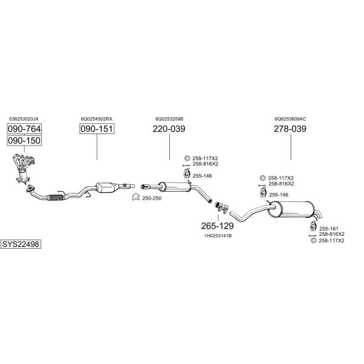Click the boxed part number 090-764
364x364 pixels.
[x=24, y=129]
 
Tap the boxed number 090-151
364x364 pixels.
[x=97, y=129]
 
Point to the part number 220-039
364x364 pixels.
[x=169, y=129]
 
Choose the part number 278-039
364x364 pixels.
[x=290, y=129]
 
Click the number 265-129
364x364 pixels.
[x=217, y=226]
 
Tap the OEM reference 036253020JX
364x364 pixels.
[x=24, y=119]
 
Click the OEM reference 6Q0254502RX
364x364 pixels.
[x=97, y=119]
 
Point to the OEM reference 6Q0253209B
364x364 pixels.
[x=169, y=119]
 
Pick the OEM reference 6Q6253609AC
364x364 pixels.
[x=290, y=119]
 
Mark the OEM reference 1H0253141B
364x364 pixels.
[x=218, y=235]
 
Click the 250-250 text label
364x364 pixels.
[x=152, y=198]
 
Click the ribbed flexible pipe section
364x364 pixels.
[x=55, y=197]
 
